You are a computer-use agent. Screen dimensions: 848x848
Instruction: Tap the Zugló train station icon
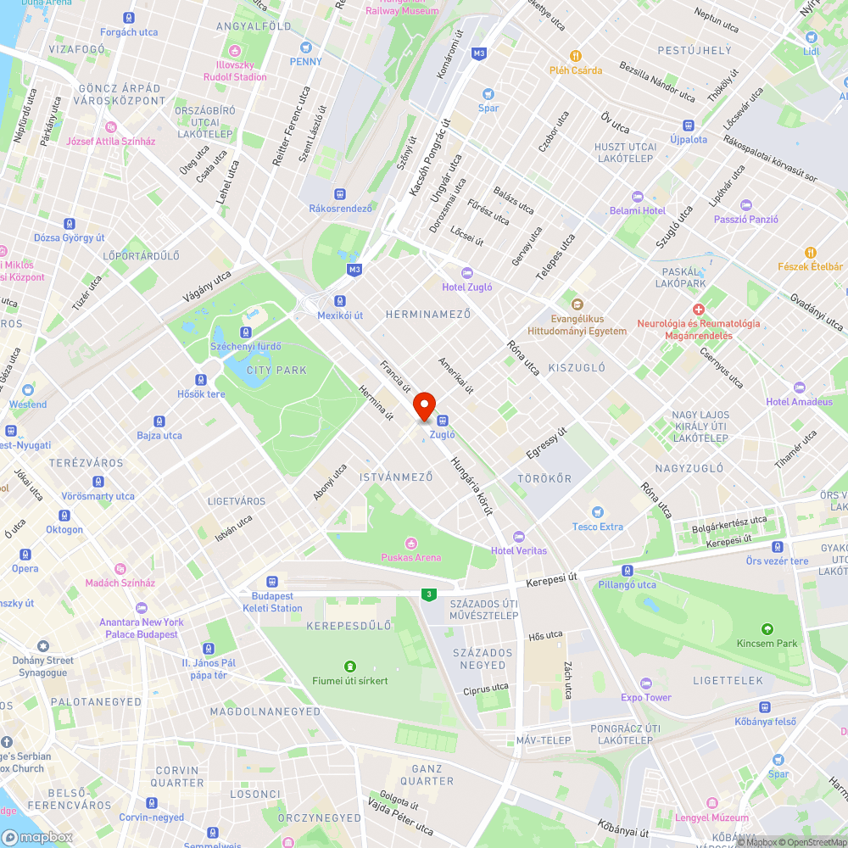tap(442, 420)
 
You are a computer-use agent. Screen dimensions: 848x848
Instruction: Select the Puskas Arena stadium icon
tap(411, 543)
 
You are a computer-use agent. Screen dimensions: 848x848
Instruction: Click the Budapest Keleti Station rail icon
tap(271, 582)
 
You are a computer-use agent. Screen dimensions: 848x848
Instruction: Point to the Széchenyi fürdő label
tap(246, 346)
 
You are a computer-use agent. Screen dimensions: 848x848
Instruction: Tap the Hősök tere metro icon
tap(201, 380)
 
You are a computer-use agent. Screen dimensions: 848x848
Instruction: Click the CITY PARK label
tap(276, 371)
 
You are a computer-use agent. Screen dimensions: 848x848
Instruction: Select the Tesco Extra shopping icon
tap(598, 512)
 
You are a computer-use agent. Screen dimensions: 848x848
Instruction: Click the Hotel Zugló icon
tap(466, 272)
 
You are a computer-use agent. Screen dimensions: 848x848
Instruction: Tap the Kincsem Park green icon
tap(767, 628)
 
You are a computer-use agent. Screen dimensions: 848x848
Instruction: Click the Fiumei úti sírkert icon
tap(349, 667)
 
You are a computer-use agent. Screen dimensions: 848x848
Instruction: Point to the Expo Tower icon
tap(646, 683)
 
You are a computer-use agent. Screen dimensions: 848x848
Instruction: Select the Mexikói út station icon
tap(340, 301)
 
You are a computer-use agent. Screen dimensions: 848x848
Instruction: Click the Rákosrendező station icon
tap(340, 194)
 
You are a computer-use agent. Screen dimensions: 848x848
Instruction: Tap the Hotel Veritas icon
tap(519, 536)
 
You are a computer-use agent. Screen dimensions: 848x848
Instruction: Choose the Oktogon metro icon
tap(64, 516)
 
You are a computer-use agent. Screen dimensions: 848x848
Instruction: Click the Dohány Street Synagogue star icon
tap(43, 646)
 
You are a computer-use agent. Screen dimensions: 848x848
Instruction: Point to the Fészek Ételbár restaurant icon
tap(811, 252)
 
